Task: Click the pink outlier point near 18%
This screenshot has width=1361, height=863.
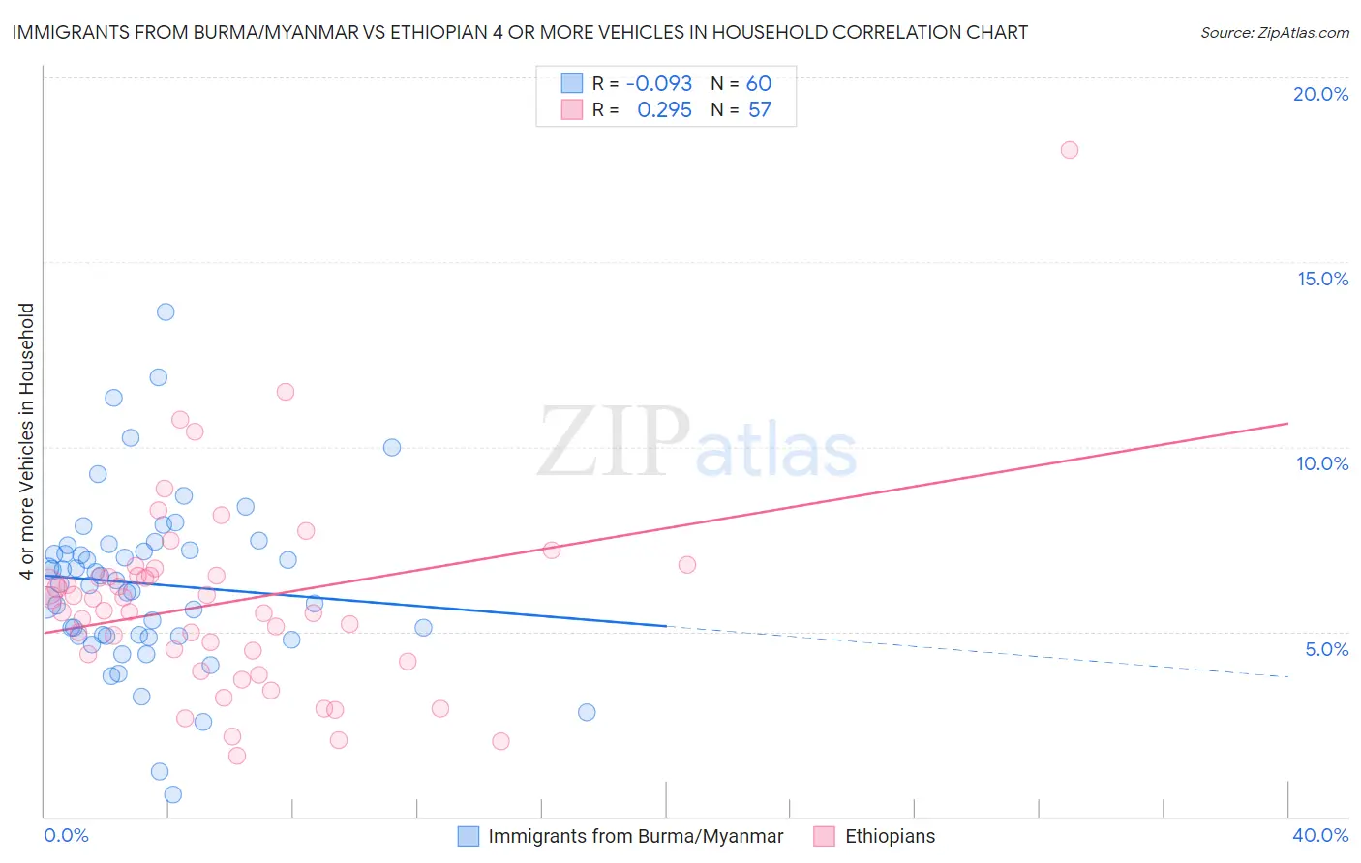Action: tap(1069, 150)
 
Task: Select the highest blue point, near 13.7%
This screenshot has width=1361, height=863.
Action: tap(166, 312)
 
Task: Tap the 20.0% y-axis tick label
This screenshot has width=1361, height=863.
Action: tap(1320, 94)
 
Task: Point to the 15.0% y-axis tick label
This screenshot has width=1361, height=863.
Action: tap(1322, 279)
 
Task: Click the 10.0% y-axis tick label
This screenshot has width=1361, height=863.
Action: tap(1322, 463)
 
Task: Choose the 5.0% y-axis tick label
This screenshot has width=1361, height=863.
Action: tap(1326, 649)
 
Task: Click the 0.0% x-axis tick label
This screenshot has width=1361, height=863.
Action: tap(66, 835)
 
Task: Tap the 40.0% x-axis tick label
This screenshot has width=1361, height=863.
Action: tap(1319, 835)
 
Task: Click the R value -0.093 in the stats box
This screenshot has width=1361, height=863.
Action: tap(659, 84)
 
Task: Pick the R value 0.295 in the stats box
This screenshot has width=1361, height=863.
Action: tap(664, 110)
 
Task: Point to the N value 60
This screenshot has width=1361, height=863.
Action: tap(759, 84)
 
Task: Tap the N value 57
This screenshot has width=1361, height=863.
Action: tap(760, 110)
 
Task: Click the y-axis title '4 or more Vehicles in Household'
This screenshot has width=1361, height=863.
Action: tap(27, 441)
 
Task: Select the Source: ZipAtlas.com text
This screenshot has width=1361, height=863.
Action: tap(1274, 33)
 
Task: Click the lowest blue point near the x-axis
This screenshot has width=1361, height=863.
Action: tap(172, 794)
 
